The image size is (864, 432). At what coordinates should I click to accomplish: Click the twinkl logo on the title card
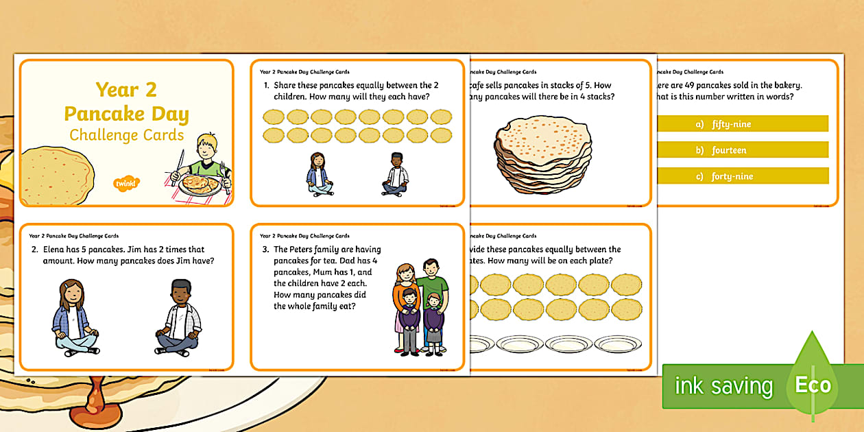pyautogui.click(x=126, y=183)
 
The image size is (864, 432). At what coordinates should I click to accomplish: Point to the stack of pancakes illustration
pyautogui.click(x=542, y=154)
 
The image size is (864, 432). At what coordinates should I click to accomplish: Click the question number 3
pyautogui.click(x=265, y=250)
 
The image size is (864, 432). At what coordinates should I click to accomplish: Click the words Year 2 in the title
pyautogui.click(x=126, y=90)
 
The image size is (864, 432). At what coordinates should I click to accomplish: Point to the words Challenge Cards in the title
pyautogui.click(x=126, y=134)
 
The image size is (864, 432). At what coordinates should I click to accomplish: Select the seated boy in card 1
pyautogui.click(x=395, y=174)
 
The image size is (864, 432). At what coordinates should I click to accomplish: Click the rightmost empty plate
pyautogui.click(x=618, y=343)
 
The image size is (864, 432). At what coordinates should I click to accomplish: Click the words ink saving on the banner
pyautogui.click(x=723, y=386)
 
